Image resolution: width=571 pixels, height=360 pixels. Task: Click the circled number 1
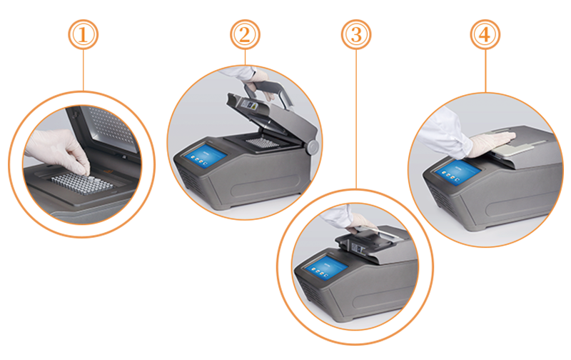(x=83, y=34)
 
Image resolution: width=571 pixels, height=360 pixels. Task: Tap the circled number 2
(x=245, y=34)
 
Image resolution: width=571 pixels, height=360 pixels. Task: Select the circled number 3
(x=356, y=34)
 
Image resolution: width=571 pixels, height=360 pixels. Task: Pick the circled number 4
(x=485, y=34)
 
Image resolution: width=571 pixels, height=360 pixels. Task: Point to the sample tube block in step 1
(x=82, y=184)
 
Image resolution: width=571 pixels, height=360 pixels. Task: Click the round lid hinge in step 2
(x=312, y=147)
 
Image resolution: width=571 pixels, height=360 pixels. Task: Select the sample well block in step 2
(x=262, y=142)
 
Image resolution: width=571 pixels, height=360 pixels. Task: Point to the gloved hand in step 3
(x=360, y=223)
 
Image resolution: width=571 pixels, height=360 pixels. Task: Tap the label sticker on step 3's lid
(x=359, y=249)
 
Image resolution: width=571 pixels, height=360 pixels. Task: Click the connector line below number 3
(x=356, y=119)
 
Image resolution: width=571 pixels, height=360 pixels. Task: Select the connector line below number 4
(x=485, y=71)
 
